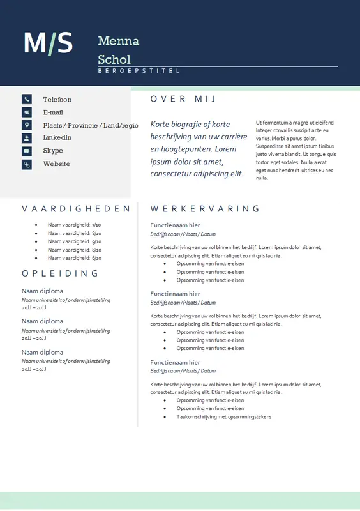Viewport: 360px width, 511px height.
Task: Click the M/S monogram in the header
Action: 48,43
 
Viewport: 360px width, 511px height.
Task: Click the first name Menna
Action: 118,42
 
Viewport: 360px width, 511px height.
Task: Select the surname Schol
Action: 114,59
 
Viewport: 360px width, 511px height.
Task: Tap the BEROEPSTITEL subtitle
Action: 139,71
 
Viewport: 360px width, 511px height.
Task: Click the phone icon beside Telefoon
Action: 27,99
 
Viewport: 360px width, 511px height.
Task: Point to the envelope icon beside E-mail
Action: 27,112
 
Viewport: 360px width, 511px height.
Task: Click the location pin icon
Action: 27,125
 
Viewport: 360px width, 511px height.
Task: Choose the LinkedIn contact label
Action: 57,137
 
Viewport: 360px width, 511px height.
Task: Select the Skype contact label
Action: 53,151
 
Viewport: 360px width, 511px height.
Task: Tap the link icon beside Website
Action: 27,164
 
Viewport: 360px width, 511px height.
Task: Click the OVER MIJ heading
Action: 183,99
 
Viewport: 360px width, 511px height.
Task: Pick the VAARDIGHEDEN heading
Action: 76,209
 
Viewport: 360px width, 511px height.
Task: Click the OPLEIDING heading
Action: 60,273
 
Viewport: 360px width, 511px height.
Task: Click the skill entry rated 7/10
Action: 74,225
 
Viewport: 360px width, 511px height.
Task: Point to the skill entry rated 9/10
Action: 74,241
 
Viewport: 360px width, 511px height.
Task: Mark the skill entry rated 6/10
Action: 74,258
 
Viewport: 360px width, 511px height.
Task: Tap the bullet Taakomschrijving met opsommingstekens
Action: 223,416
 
